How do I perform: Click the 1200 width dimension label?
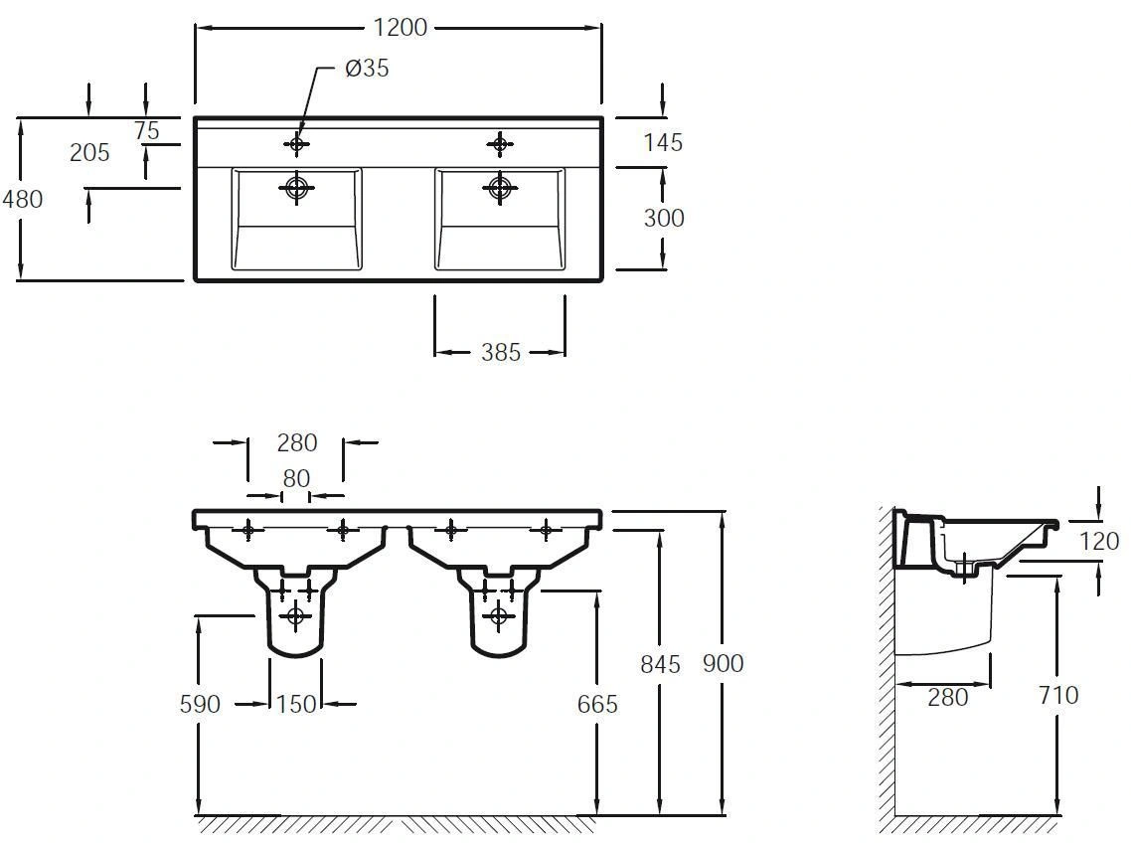pyautogui.click(x=401, y=28)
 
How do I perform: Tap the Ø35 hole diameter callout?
pyautogui.click(x=367, y=68)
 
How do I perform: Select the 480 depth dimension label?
pyautogui.click(x=22, y=199)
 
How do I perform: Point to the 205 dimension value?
pyautogui.click(x=89, y=152)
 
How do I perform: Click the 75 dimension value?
pyautogui.click(x=146, y=130)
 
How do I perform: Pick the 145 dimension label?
pyautogui.click(x=663, y=142)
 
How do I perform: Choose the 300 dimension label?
pyautogui.click(x=664, y=217)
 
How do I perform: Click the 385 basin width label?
pyautogui.click(x=501, y=352)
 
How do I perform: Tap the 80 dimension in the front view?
pyautogui.click(x=296, y=478)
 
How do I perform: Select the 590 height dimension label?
pyautogui.click(x=200, y=704)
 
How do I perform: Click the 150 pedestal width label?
pyautogui.click(x=296, y=704)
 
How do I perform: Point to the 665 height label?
pyautogui.click(x=597, y=704)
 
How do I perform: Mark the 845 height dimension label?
pyautogui.click(x=660, y=664)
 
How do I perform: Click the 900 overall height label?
pyautogui.click(x=723, y=663)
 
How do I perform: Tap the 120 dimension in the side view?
pyautogui.click(x=1099, y=541)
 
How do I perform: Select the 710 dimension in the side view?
pyautogui.click(x=1058, y=695)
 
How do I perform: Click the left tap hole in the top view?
pyautogui.click(x=296, y=144)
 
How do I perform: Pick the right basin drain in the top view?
pyautogui.click(x=500, y=188)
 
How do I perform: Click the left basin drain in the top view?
pyautogui.click(x=296, y=188)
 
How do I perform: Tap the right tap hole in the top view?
pyautogui.click(x=500, y=144)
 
